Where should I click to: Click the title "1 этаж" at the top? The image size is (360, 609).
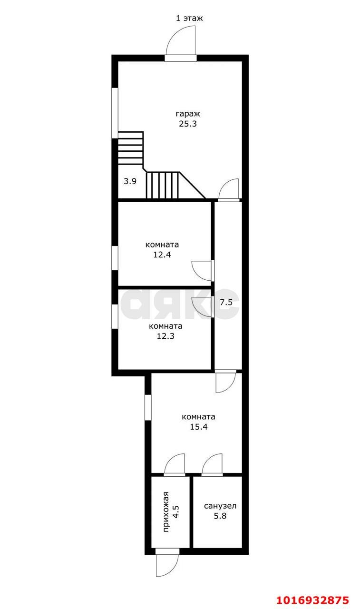[x=189, y=19]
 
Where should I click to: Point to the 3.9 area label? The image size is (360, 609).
[x=130, y=181]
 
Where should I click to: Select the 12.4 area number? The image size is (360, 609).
[x=162, y=255]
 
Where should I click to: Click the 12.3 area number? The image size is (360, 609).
[x=165, y=336]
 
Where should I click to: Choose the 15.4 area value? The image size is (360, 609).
[x=198, y=426]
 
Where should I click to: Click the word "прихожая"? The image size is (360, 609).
[x=167, y=514]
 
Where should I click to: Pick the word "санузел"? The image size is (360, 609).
[x=220, y=506]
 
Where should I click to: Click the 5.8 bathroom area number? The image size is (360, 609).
[x=220, y=516]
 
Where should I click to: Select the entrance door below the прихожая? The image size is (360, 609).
[x=166, y=565]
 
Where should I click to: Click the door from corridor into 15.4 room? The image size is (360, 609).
[x=225, y=382]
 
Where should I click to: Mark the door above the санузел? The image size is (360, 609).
[x=212, y=464]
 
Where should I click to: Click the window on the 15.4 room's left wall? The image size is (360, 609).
[x=148, y=407]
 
